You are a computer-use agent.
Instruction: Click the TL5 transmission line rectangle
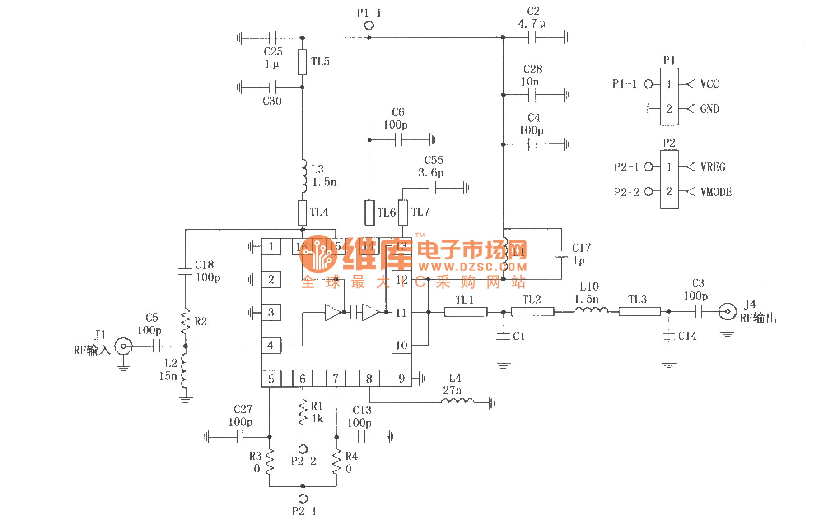tap(302, 62)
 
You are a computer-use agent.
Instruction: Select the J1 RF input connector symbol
tap(123, 346)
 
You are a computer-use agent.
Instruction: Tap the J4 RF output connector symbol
tap(727, 311)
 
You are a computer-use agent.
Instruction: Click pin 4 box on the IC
tap(271, 346)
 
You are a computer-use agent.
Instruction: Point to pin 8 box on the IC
tap(369, 379)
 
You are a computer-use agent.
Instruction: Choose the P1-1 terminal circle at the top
tap(369, 26)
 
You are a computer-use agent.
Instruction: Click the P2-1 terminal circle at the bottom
tap(303, 499)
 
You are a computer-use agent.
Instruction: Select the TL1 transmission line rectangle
tap(466, 312)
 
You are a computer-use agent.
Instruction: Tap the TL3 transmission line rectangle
tap(639, 311)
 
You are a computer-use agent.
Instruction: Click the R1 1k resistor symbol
tap(303, 413)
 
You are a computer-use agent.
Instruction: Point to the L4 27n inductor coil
tap(457, 401)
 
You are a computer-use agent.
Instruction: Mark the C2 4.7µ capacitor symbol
tap(532, 37)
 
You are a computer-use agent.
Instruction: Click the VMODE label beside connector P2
tap(716, 192)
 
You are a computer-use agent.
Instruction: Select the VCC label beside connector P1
tap(709, 84)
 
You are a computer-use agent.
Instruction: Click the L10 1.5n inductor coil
tap(591, 310)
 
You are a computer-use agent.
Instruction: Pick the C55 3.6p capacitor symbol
tap(432, 188)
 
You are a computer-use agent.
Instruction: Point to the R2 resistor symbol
tap(185, 321)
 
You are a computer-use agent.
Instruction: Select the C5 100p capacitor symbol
tap(156, 346)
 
